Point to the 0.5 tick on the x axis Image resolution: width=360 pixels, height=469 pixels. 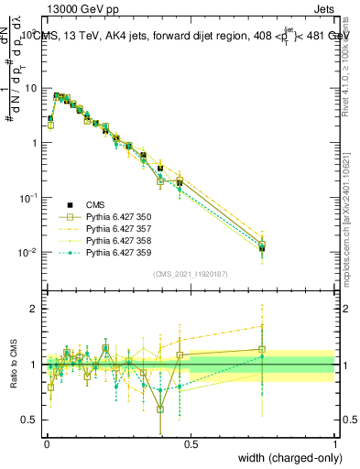tap(191, 445)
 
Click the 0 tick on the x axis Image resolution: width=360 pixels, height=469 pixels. tap(46, 445)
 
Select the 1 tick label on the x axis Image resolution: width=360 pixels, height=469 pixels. tap(334, 445)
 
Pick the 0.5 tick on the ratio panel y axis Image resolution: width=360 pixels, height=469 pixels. tap(31, 420)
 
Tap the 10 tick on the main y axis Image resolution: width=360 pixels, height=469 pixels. tap(31, 88)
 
